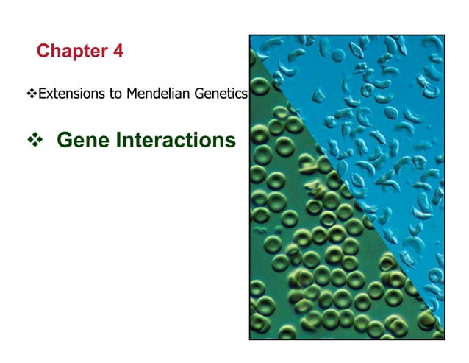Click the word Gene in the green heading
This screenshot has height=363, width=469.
(79, 139)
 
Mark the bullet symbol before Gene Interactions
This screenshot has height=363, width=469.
(33, 139)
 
